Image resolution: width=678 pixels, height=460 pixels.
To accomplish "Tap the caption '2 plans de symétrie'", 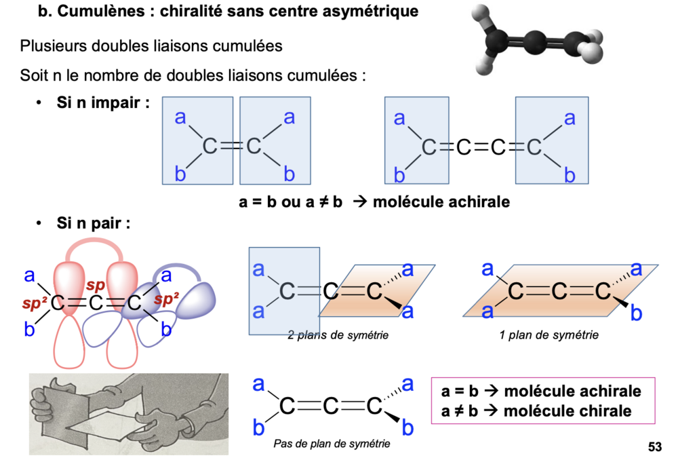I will click(x=338, y=336).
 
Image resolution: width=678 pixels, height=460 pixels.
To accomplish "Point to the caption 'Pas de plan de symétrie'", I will click(x=332, y=444).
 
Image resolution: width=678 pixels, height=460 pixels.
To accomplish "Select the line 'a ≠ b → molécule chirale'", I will click(x=536, y=410).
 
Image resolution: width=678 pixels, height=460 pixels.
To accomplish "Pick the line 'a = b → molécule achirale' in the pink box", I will click(x=540, y=391).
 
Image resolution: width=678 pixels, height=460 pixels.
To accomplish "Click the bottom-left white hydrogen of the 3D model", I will click(x=485, y=66).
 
